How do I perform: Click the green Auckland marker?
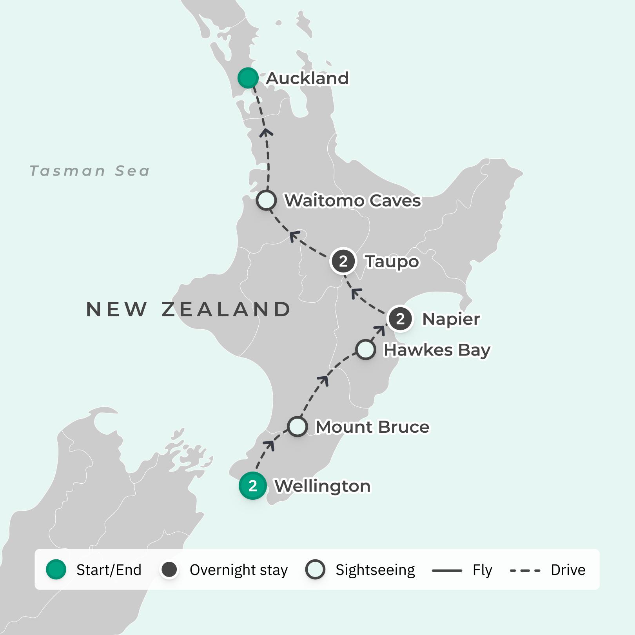tap(248, 78)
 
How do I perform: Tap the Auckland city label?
tap(307, 78)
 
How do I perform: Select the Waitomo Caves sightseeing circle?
tap(266, 200)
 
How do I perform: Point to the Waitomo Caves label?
tap(352, 201)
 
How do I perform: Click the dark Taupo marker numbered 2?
tap(343, 261)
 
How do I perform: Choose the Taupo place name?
tap(392, 262)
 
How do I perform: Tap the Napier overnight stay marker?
tap(400, 319)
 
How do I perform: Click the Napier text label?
tap(451, 319)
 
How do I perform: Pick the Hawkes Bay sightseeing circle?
tap(365, 350)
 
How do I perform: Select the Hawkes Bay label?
tap(437, 350)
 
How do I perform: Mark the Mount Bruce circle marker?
tap(297, 426)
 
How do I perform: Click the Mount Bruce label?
tap(372, 427)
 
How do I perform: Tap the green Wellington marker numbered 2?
tap(253, 486)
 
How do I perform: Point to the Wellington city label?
tap(322, 486)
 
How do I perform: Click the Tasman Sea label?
tap(90, 171)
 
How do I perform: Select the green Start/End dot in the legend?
tap(56, 570)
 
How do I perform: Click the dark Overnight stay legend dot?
tap(169, 570)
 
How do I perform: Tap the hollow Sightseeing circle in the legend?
tap(315, 570)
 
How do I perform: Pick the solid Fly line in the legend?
tap(447, 570)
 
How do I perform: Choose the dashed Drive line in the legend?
tap(525, 570)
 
